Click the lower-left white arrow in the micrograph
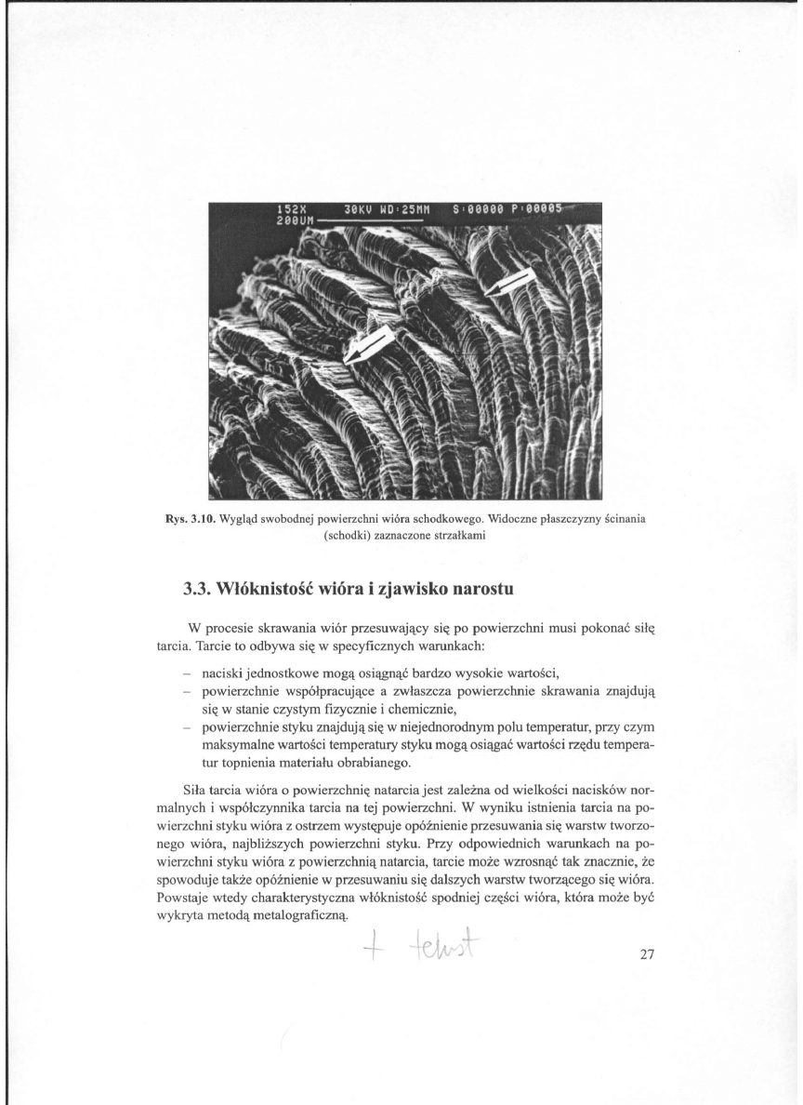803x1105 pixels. [370, 345]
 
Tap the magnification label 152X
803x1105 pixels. [291, 209]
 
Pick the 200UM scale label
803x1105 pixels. [296, 220]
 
